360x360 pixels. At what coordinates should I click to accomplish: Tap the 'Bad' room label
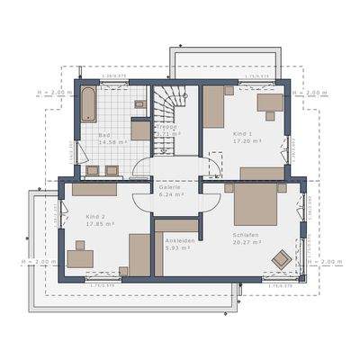point(104,134)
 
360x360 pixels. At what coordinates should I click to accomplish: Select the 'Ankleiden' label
point(177,241)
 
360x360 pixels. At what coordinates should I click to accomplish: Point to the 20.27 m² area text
point(245,243)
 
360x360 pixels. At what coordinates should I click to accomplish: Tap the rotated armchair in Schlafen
point(282,260)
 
